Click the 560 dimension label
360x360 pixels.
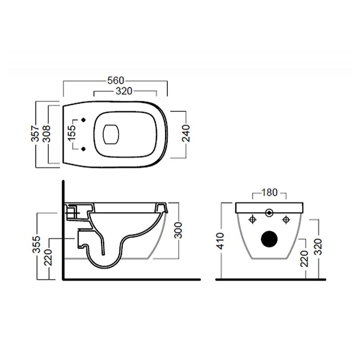click(x=116, y=81)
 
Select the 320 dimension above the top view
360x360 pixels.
click(x=124, y=91)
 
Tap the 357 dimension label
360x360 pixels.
click(x=36, y=133)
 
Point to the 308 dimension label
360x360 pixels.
click(x=47, y=134)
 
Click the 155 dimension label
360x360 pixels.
click(x=72, y=133)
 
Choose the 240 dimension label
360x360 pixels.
click(x=186, y=133)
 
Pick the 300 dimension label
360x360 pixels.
click(x=178, y=230)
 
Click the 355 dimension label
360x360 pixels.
click(x=36, y=244)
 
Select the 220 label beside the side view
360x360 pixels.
click(x=48, y=257)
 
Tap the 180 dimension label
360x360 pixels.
click(x=269, y=193)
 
